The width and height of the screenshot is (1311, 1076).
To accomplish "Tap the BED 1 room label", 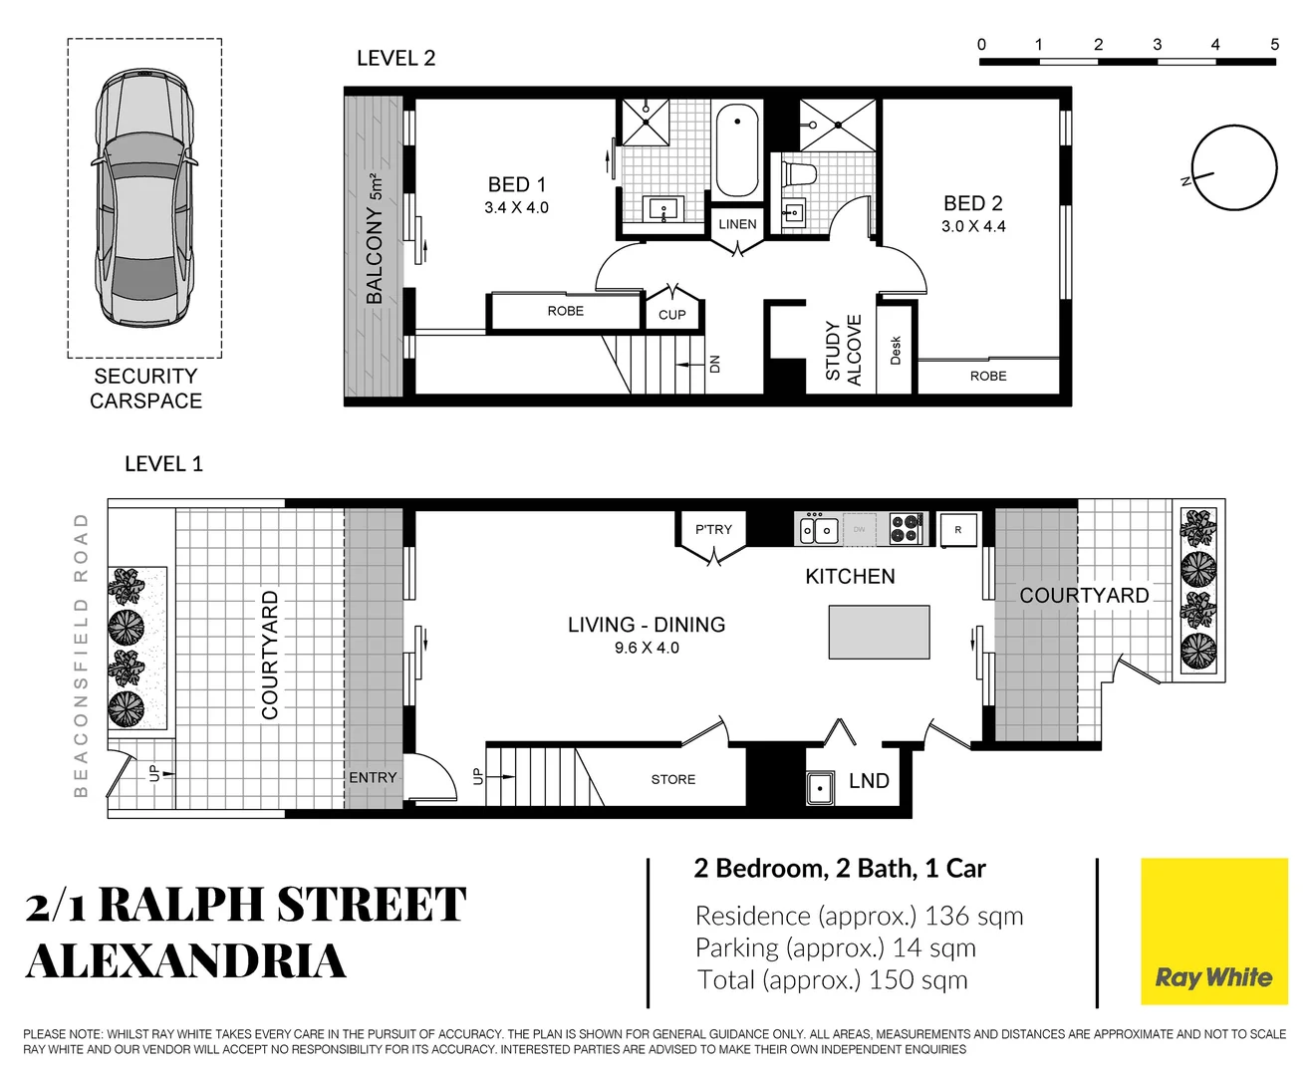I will pos(516,185).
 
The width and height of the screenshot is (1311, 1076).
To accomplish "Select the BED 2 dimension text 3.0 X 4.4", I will pos(973,227).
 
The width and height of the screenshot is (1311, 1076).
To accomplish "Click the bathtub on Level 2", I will pos(736,148).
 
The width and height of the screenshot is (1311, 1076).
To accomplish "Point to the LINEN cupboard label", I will pos(737,224).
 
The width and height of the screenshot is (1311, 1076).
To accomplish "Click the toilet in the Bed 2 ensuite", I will pos(799,173).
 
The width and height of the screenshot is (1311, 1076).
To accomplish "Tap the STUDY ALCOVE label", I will pos(843,350).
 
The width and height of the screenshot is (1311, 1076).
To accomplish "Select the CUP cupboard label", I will pos(672,315).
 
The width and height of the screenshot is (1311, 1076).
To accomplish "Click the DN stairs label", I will pos(714,364).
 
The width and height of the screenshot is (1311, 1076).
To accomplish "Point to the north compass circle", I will pos(1234,168).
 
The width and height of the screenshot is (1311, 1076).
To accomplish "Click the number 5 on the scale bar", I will pos(1274,45).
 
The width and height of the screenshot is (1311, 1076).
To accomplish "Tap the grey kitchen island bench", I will pos(879,632).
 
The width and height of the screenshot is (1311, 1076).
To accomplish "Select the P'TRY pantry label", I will pos(713,529).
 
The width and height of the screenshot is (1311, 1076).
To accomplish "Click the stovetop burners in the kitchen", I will pos(906,528).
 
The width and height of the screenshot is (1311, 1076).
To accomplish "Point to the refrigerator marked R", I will pos(958,529).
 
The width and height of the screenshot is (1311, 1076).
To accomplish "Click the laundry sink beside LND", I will pos(820,787).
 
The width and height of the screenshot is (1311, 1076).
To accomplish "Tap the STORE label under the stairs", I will pos(673,779).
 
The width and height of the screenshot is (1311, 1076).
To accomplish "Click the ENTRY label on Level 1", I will pos(373,777).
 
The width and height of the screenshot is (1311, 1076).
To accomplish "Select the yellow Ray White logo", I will pos(1213,932).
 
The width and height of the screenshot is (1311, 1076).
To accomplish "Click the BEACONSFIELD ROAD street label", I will pos(82,656).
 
